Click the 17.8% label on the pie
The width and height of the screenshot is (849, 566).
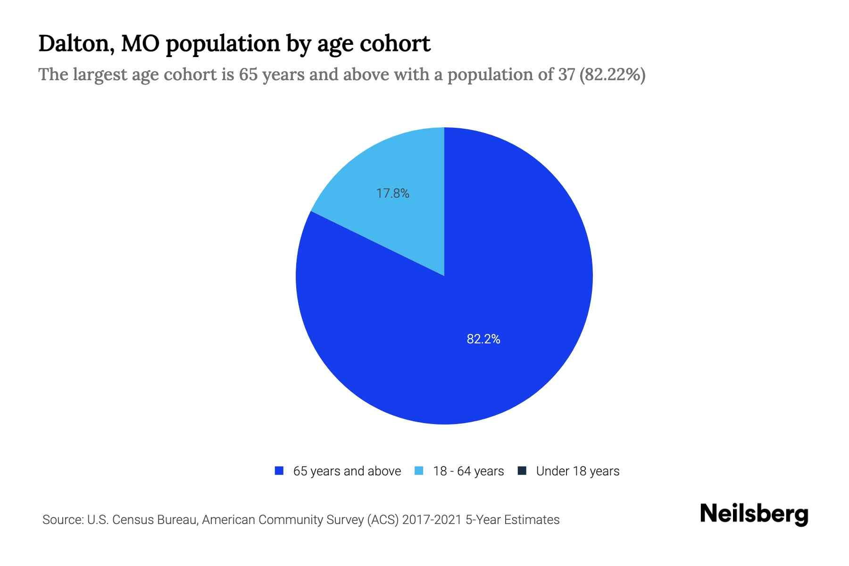click(x=392, y=193)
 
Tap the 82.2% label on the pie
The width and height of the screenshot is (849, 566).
click(x=483, y=339)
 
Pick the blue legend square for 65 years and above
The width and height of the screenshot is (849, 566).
click(x=279, y=471)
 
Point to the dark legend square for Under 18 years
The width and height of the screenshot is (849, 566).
click(x=522, y=471)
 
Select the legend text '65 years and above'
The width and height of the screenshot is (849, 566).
click(x=347, y=471)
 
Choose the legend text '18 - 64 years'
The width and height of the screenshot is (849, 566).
click(x=468, y=471)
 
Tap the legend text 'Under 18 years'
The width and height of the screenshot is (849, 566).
click(x=577, y=471)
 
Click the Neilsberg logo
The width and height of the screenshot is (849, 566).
click(x=754, y=514)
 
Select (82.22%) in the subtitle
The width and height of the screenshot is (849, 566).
click(x=612, y=75)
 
